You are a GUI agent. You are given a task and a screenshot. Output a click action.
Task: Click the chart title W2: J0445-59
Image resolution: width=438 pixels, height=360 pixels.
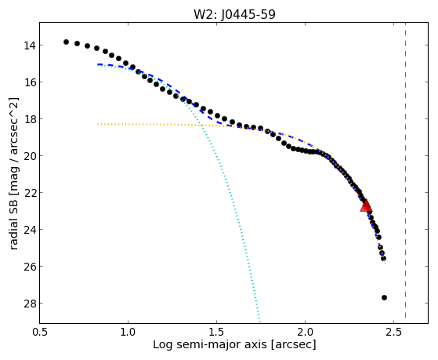pos(234,14)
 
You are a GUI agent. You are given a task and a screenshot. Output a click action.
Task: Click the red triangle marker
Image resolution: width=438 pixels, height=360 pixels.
pos(366,205)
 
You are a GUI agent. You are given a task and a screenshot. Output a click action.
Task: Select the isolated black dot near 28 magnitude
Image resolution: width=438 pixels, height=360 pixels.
pos(384,297)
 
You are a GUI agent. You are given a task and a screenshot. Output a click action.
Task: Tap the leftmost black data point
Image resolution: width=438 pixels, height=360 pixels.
pos(66,42)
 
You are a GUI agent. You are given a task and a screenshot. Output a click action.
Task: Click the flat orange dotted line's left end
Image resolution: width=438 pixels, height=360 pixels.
pos(98,124)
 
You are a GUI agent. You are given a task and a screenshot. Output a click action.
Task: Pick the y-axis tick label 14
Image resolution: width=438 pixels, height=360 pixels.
pos(29,45)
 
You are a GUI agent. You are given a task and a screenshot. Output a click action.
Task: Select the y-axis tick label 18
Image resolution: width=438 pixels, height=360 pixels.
pos(29,119)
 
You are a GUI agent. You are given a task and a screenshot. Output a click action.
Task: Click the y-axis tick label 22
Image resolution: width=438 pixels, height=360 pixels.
pos(29,193)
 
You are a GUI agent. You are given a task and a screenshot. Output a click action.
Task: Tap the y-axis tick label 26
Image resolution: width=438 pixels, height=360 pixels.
pos(29,267)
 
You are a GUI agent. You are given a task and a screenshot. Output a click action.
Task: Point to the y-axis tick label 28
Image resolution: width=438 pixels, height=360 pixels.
pos(29,304)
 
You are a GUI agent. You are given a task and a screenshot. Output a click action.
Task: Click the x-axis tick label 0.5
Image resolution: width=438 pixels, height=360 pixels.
pos(39,333)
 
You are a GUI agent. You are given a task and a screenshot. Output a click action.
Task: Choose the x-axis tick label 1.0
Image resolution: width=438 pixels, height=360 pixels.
pos(128,333)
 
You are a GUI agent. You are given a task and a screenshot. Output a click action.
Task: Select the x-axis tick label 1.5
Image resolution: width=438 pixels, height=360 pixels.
pos(216,333)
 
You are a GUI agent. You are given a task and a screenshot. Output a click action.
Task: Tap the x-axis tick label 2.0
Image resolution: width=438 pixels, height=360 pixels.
pos(305,333)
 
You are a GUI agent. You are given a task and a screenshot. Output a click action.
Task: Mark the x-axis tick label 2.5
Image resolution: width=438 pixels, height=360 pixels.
pos(393,333)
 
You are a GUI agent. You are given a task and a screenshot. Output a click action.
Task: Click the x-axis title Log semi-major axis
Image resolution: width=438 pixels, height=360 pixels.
pos(210,345)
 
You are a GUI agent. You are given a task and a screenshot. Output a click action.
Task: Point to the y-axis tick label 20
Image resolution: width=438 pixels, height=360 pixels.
pos(29,156)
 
